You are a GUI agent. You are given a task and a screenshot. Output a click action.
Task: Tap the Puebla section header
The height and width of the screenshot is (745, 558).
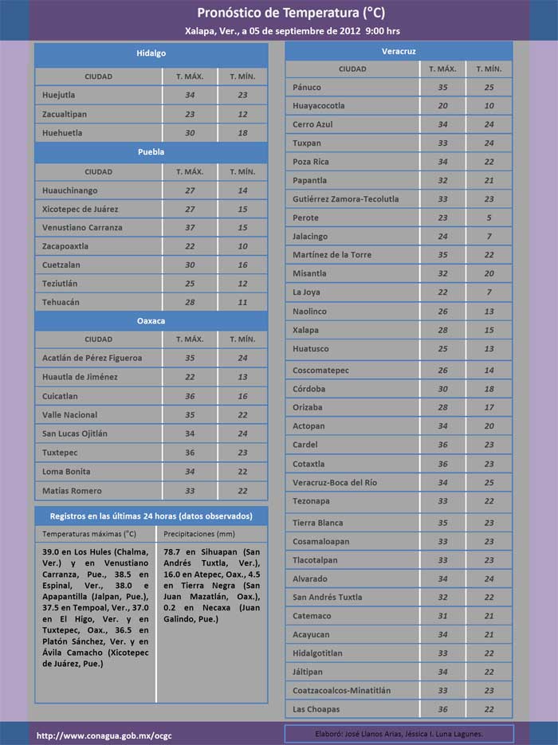click(151, 151)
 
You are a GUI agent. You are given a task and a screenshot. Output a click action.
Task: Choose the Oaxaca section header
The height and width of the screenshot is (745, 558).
click(151, 320)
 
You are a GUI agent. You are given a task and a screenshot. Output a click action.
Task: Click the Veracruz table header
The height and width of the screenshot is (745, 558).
click(399, 51)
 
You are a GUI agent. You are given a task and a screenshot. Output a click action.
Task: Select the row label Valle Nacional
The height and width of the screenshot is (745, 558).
click(70, 415)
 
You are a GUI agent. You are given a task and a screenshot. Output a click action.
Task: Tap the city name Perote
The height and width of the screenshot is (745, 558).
click(305, 218)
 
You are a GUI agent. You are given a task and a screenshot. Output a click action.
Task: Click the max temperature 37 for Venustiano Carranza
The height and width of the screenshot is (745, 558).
click(190, 228)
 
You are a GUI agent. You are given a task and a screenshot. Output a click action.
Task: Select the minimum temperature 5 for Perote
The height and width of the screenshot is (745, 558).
click(489, 218)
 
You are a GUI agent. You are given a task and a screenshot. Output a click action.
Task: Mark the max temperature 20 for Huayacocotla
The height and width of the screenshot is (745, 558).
click(443, 105)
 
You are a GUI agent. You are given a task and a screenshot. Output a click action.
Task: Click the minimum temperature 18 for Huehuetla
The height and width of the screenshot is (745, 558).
click(242, 133)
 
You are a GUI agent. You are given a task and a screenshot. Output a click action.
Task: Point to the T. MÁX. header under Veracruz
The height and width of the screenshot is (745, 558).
click(443, 69)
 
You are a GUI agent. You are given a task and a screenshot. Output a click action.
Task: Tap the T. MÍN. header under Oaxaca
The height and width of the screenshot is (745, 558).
click(242, 339)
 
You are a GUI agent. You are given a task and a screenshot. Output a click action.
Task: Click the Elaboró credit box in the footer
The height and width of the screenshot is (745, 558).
click(399, 733)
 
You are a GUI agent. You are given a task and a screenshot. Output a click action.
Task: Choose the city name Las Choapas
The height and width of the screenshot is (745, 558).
click(316, 709)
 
